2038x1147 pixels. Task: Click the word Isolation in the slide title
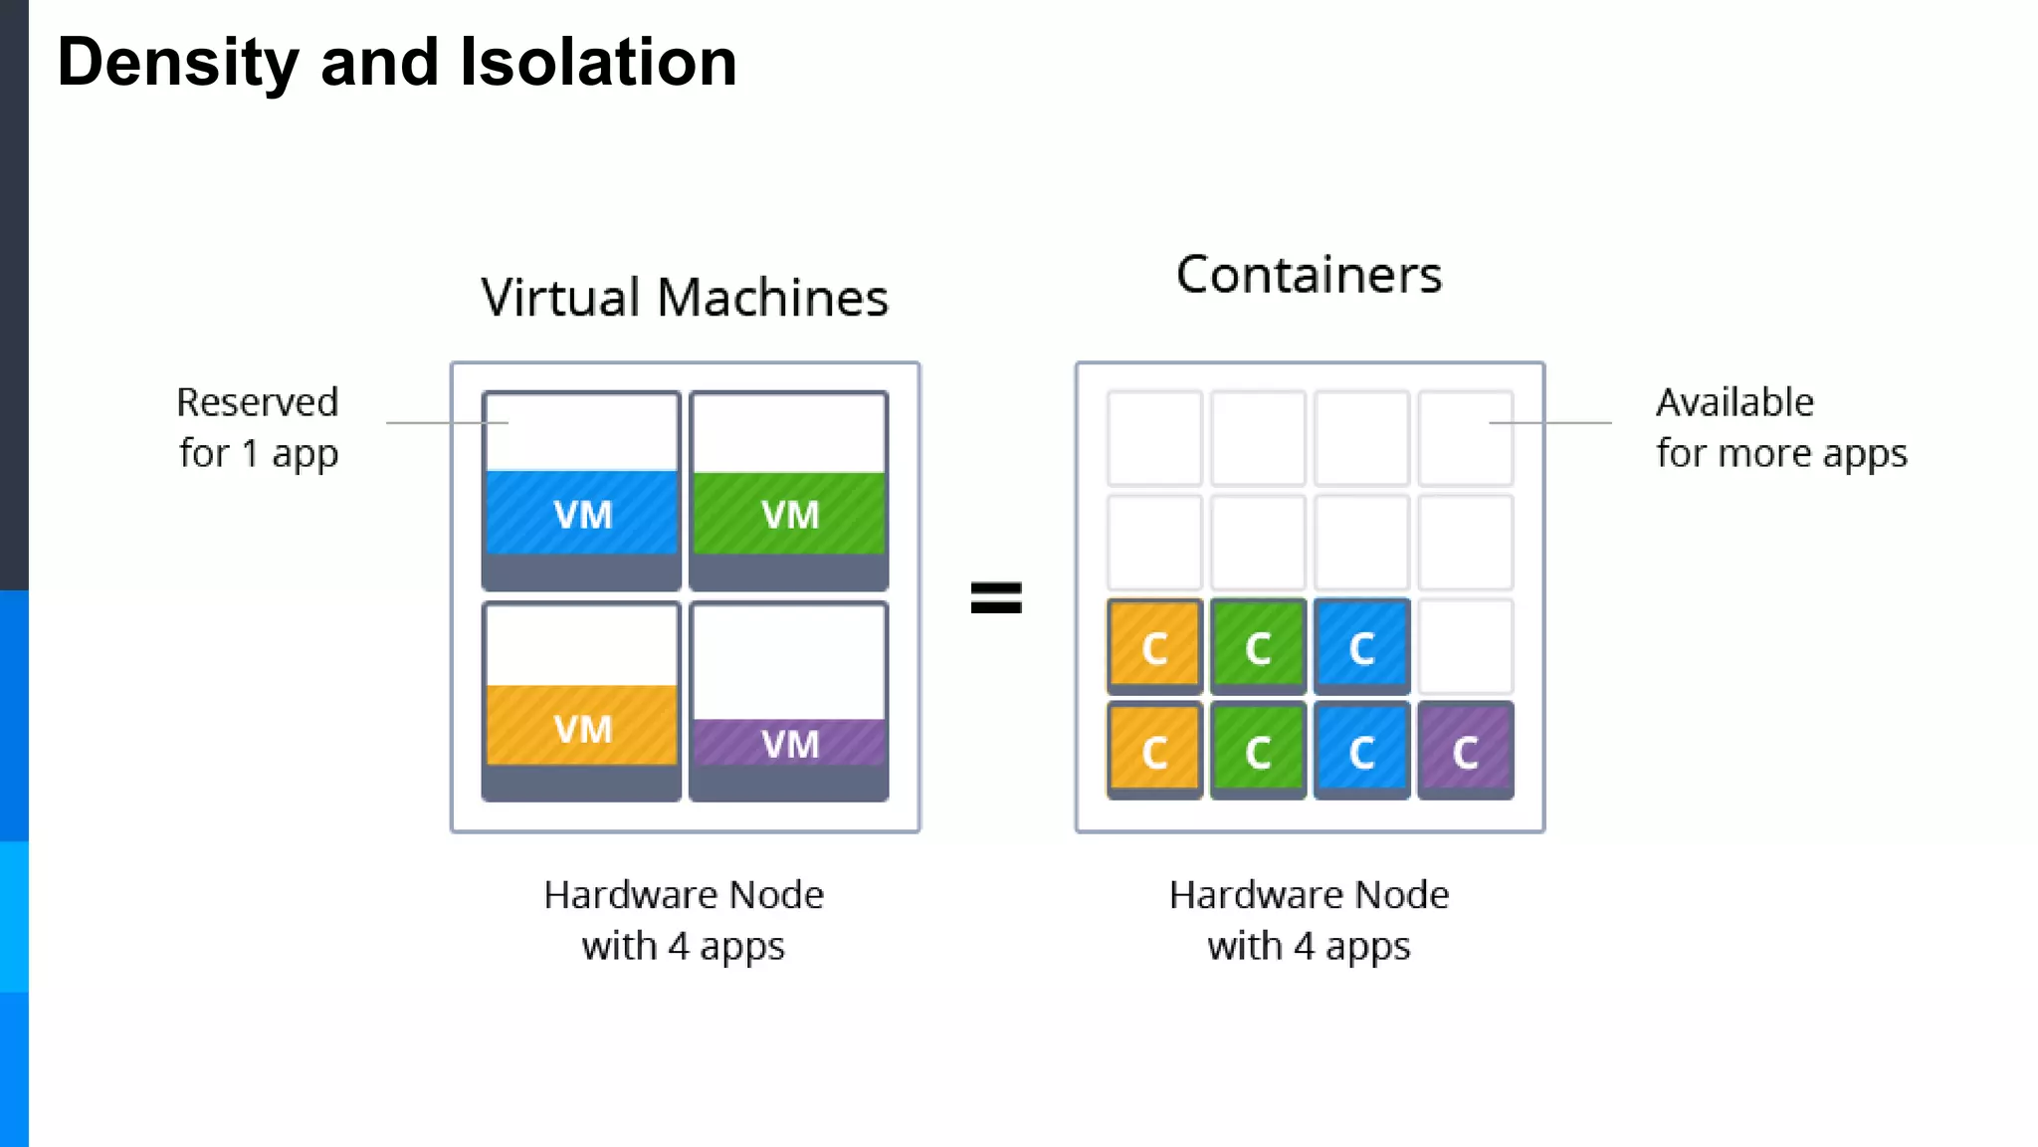(x=598, y=62)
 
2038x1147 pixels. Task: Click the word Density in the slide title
(x=178, y=62)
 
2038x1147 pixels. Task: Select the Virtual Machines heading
(x=685, y=297)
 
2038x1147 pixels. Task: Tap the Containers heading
(x=1309, y=274)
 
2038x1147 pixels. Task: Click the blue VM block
(x=582, y=513)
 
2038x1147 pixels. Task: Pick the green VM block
(x=789, y=513)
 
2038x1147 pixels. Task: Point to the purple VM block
(x=789, y=742)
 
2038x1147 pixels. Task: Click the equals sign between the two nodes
(x=996, y=597)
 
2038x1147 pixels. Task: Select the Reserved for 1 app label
(x=258, y=427)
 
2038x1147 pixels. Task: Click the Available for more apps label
(x=1780, y=427)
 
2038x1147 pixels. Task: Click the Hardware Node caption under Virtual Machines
(x=684, y=919)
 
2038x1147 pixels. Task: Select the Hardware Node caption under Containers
(x=1309, y=919)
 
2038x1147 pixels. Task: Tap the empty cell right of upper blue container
(x=1465, y=646)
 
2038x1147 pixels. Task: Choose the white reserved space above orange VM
(x=582, y=644)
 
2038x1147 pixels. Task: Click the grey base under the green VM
(x=789, y=572)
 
